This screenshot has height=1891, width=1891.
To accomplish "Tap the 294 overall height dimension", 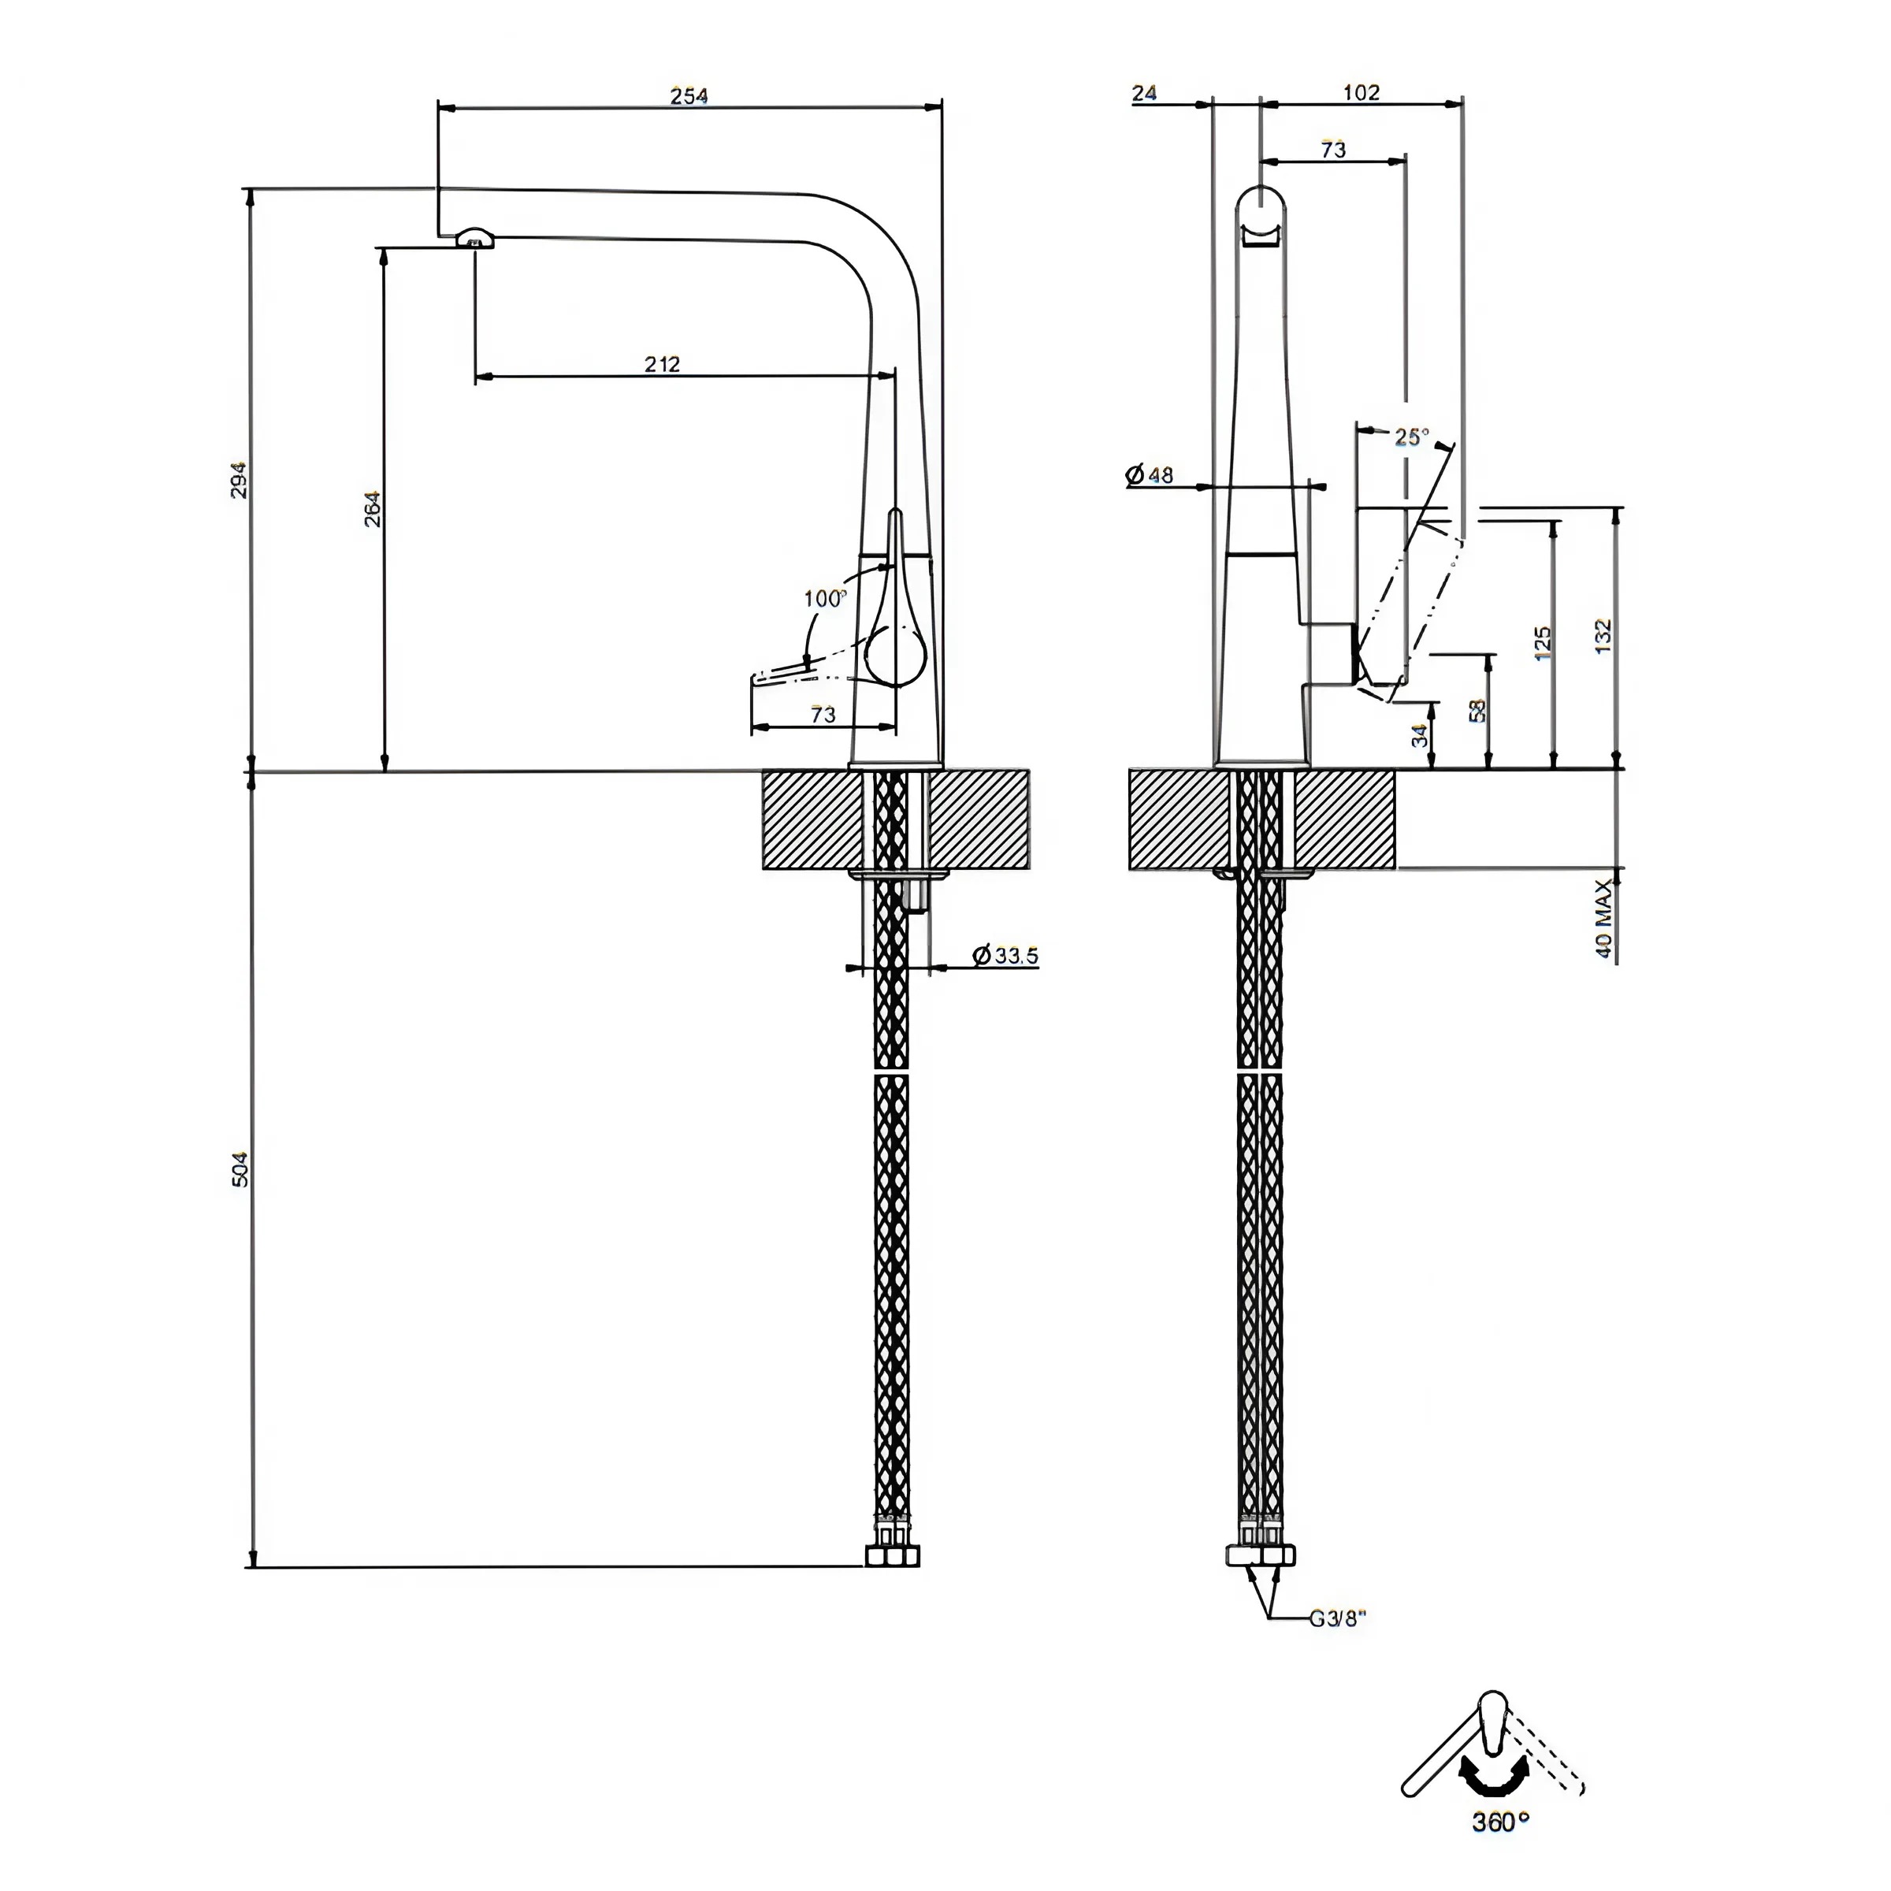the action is [239, 480].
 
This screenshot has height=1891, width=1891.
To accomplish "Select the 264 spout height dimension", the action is [373, 508].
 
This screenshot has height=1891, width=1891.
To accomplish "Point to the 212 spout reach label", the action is [662, 363].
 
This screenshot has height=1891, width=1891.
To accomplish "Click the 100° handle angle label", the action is [824, 598].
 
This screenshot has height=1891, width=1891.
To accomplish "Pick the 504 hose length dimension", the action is [240, 1168].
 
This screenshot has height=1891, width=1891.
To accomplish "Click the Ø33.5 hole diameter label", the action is [1006, 955].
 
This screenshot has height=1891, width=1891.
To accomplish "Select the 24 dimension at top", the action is [1144, 92].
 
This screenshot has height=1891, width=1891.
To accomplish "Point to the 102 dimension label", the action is [1362, 92].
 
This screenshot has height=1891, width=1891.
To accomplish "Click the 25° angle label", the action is [1411, 437].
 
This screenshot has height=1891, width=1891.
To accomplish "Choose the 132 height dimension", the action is [1603, 636].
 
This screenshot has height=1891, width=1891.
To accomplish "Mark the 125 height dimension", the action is [1543, 643].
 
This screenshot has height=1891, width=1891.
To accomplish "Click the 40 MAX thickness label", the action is [1603, 919].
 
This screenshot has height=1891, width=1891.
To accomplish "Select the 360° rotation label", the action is [1500, 1822].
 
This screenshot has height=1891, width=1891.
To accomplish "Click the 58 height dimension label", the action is [1478, 710].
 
